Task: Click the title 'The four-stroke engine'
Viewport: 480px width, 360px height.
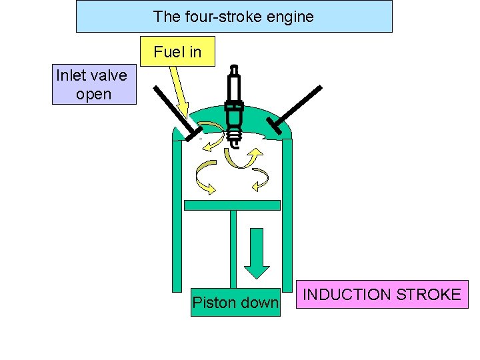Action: click(x=233, y=17)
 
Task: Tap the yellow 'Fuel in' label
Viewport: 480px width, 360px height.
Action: click(x=177, y=51)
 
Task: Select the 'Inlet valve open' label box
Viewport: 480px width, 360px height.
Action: click(x=93, y=84)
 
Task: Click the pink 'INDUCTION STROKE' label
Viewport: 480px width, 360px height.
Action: click(x=382, y=295)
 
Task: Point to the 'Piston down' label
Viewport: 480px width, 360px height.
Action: click(x=235, y=303)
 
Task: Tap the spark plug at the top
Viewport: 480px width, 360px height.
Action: click(x=233, y=107)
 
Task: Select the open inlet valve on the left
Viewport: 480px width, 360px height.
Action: click(x=173, y=113)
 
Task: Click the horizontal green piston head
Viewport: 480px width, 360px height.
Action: click(x=232, y=205)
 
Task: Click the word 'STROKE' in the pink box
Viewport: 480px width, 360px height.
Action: click(x=427, y=295)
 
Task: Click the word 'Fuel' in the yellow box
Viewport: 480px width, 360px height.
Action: click(x=166, y=51)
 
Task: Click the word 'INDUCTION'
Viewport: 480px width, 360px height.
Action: click(x=346, y=295)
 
